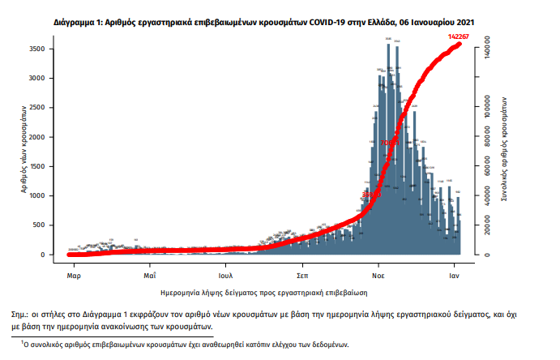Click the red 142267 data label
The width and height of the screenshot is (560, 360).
[461, 37]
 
